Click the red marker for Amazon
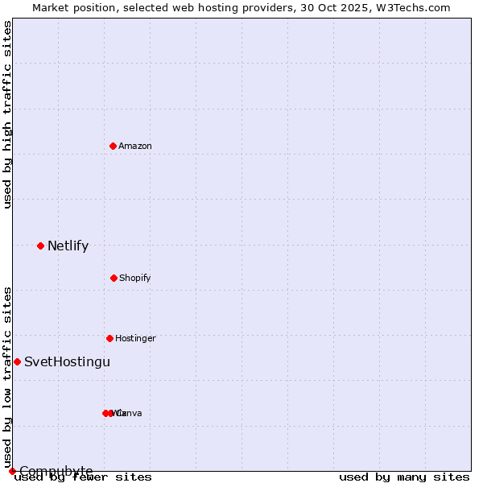point(113,146)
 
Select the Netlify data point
point(40,246)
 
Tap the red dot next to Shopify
point(114,278)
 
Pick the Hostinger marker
point(109,338)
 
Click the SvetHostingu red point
point(17,361)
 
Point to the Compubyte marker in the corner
point(12,471)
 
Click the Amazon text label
point(135,147)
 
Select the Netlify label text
point(68,246)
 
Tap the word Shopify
point(135,279)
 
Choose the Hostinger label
point(135,339)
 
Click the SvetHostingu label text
point(67,362)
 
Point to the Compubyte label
point(56,471)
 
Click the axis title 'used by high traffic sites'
point(8,114)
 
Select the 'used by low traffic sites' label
point(8,377)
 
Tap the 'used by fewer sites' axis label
point(83,477)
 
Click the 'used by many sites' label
point(404,477)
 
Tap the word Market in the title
point(51,7)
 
